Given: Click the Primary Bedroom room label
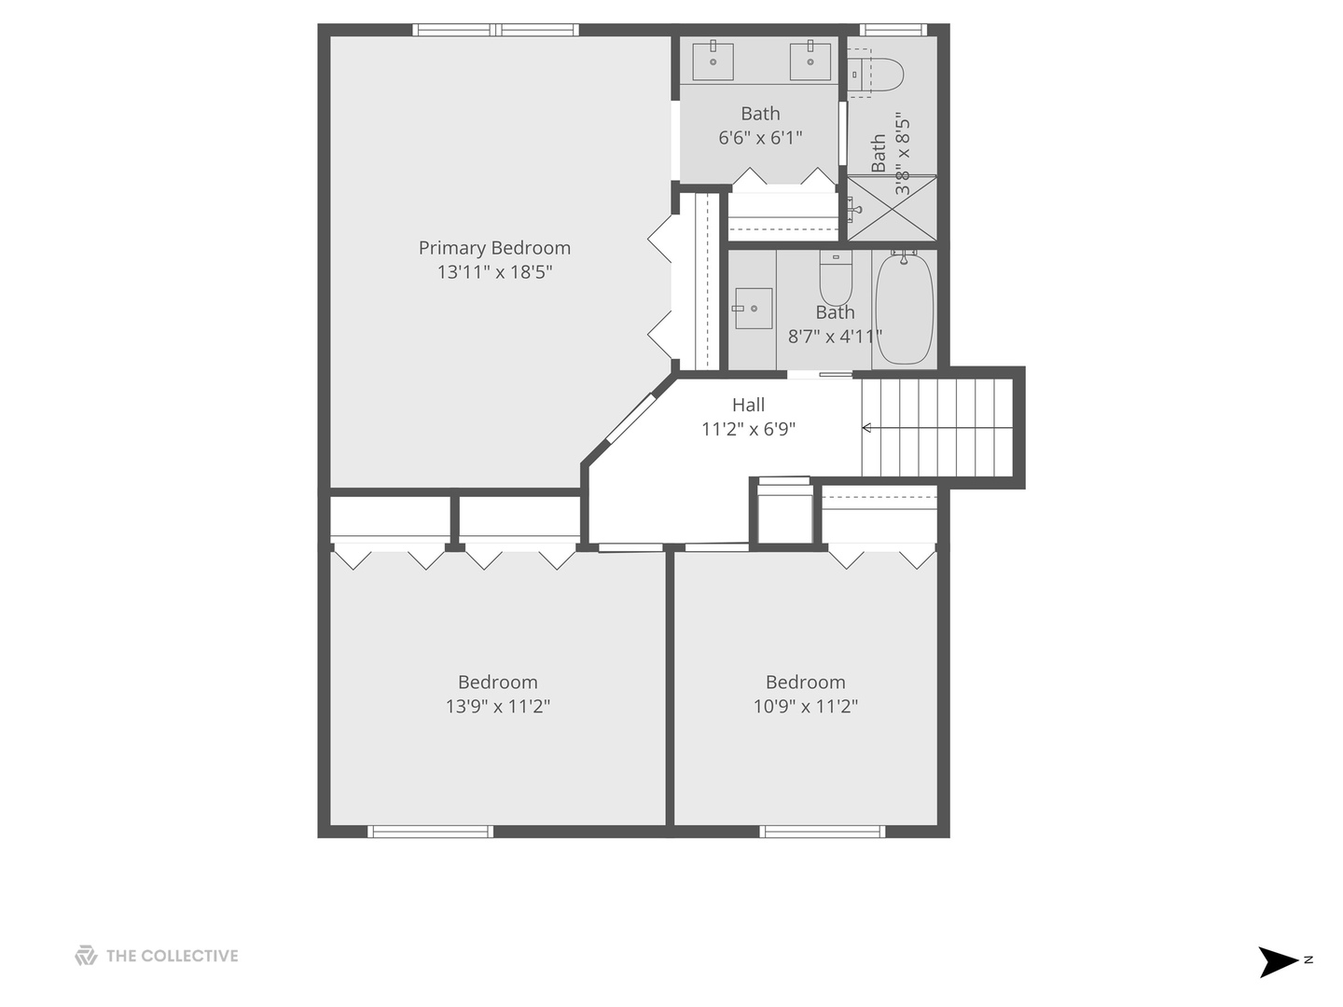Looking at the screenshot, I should tap(494, 248).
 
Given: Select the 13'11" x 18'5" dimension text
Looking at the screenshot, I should tap(494, 272).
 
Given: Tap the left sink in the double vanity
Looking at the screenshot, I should tap(713, 61).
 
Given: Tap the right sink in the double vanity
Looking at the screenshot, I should tap(810, 61).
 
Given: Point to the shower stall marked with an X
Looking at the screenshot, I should tap(891, 208).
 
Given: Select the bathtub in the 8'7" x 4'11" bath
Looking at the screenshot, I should tap(904, 309).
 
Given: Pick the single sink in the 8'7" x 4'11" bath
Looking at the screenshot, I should tap(753, 308).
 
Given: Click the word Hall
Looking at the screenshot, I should tap(748, 405).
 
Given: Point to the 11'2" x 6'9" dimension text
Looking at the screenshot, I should tap(748, 429).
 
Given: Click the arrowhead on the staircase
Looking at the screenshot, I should tap(866, 428).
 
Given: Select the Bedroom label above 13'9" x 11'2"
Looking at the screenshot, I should tap(497, 683).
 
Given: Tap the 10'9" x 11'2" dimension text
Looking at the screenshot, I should tap(805, 707).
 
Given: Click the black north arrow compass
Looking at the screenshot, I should tap(1277, 961).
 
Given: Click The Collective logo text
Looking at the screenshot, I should tap(172, 956).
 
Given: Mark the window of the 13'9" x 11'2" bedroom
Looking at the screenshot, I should tap(430, 831).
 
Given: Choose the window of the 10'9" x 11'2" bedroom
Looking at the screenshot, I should tap(822, 831).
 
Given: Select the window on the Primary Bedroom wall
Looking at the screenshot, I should tap(495, 30).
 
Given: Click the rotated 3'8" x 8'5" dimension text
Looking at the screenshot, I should tap(902, 154).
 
